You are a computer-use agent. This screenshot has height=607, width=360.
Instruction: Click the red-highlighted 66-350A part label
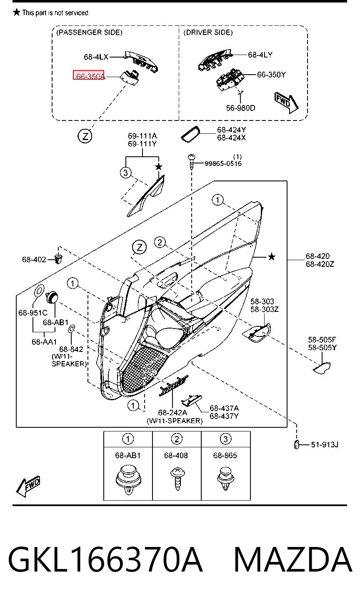tap(89, 75)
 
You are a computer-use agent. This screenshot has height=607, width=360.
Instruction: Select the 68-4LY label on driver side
tap(260, 55)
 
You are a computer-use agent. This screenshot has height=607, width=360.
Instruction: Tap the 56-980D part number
tap(240, 108)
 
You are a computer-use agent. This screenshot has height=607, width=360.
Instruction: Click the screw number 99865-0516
tap(223, 163)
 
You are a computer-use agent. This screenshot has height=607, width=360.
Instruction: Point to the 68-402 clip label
tap(34, 260)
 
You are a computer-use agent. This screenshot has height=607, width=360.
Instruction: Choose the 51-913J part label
tap(325, 445)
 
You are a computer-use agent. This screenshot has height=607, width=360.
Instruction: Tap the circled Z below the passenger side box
tap(85, 136)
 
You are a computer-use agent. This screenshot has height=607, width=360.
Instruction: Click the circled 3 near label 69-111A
tap(125, 173)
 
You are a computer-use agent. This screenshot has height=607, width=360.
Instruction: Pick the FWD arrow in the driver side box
tap(286, 103)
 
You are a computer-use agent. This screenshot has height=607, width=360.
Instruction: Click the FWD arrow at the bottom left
tap(28, 486)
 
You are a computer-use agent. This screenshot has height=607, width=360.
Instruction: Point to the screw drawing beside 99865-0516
tap(192, 162)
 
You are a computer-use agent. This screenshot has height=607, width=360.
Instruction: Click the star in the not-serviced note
tap(17, 12)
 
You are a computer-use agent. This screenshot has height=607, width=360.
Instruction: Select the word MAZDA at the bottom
tap(293, 559)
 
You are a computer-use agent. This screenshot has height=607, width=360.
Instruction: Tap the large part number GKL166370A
tap(105, 559)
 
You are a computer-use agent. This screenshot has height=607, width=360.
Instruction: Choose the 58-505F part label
tap(322, 339)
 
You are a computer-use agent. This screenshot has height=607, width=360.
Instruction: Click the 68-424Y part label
tap(231, 130)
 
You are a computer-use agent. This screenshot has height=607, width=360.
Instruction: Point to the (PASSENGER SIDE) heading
tap(90, 33)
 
